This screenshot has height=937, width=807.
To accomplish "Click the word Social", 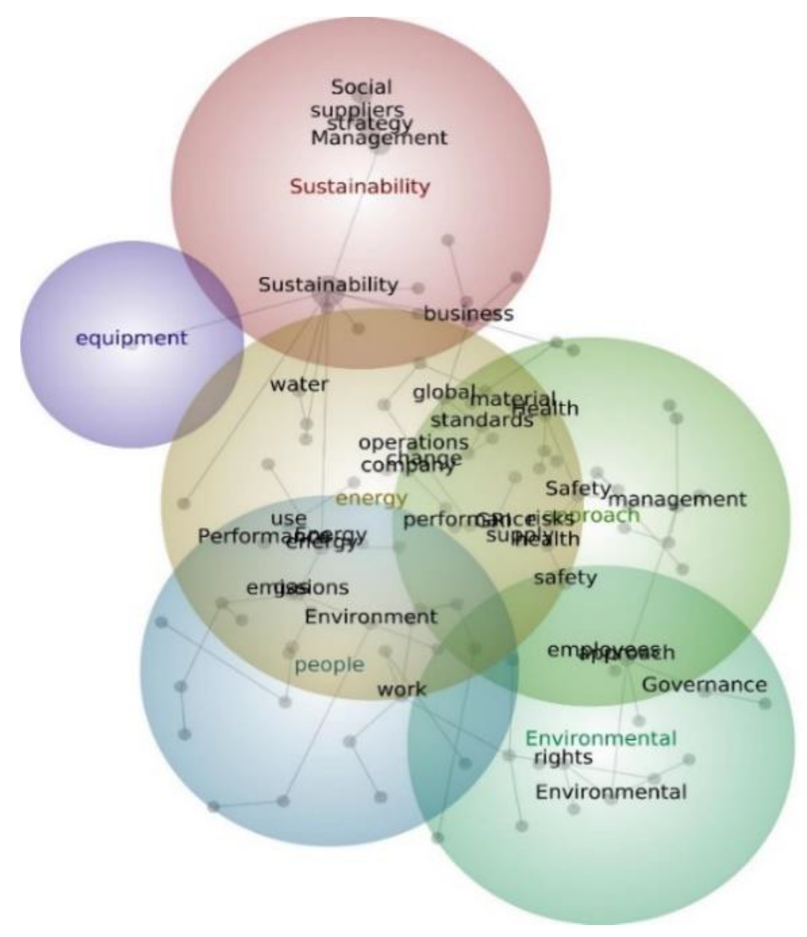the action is pyautogui.click(x=361, y=87).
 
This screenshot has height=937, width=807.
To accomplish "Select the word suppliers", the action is pyautogui.click(x=357, y=110).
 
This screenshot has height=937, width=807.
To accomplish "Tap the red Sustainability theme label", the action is pyautogui.click(x=360, y=187).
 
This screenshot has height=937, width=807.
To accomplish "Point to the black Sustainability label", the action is pyautogui.click(x=328, y=285).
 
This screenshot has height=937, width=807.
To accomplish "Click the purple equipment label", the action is pyautogui.click(x=131, y=338).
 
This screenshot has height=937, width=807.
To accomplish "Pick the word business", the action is pyautogui.click(x=469, y=313).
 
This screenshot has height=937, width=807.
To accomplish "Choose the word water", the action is pyautogui.click(x=299, y=384).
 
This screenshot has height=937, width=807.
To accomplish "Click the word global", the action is pyautogui.click(x=441, y=393).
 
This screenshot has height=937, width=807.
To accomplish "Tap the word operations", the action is pyautogui.click(x=413, y=442).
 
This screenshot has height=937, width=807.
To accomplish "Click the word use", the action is pyautogui.click(x=289, y=519).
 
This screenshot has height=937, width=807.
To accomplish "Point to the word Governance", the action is pyautogui.click(x=704, y=685).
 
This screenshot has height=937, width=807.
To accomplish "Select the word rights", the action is pyautogui.click(x=563, y=757).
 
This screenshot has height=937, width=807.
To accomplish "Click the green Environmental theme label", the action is pyautogui.click(x=601, y=739).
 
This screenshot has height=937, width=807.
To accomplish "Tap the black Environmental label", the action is pyautogui.click(x=611, y=792).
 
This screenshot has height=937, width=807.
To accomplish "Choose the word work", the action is pyautogui.click(x=402, y=689).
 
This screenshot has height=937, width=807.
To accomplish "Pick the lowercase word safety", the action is pyautogui.click(x=565, y=577).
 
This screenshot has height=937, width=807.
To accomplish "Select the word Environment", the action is pyautogui.click(x=371, y=617).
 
